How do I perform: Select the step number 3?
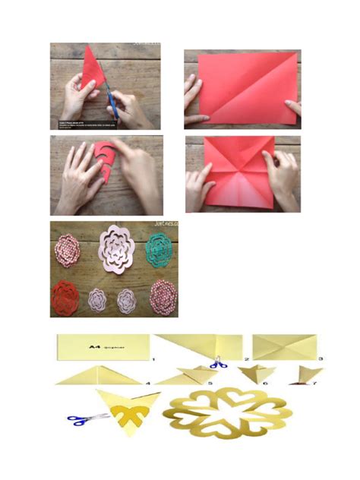point(322,358)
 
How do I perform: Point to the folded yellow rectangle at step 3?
point(282,346)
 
